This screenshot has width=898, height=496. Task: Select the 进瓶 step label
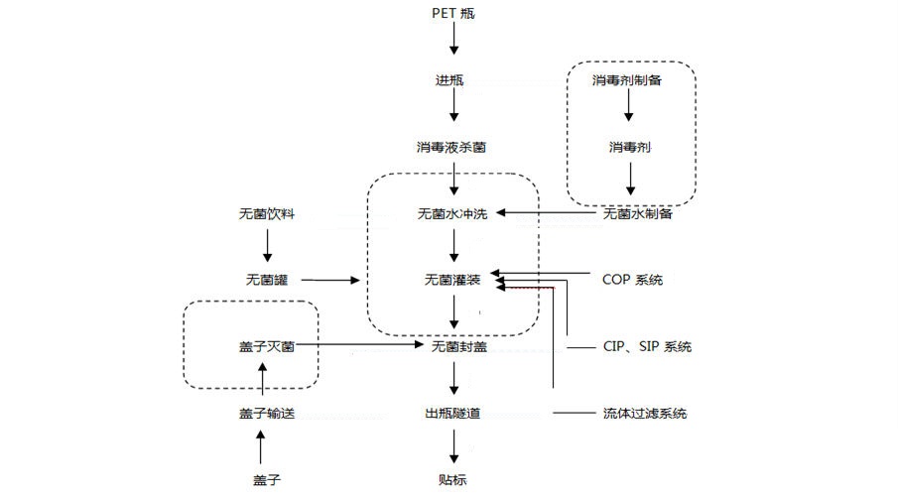[452, 79]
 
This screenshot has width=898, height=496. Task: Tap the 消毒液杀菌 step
[452, 147]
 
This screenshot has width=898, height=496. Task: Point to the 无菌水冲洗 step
[452, 213]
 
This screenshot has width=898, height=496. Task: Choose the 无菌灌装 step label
[452, 281]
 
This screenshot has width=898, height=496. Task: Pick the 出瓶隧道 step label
[452, 413]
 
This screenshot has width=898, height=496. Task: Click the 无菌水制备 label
[637, 213]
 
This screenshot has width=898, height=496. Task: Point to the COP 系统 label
[632, 280]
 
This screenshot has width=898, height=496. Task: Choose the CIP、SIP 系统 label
[647, 347]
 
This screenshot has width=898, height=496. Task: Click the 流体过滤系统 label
[644, 414]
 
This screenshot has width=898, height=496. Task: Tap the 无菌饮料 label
[267, 213]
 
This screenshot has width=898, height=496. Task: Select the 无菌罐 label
[267, 281]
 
